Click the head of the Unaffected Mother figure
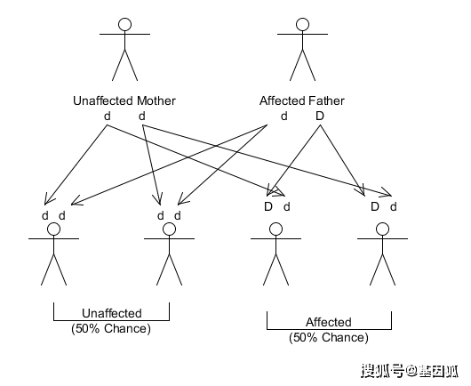pyautogui.click(x=124, y=25)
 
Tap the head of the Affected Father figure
pyautogui.click(x=302, y=25)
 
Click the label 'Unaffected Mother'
pyautogui.click(x=124, y=101)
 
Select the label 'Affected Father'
pyautogui.click(x=302, y=101)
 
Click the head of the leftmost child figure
pyautogui.click(x=53, y=229)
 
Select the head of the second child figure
pyautogui.click(x=169, y=229)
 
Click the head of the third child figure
pyautogui.click(x=275, y=229)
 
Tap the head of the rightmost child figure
pyautogui.click(x=382, y=229)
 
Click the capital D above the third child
pyautogui.click(x=267, y=206)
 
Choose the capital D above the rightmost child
pyautogui.click(x=375, y=206)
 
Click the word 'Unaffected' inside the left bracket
pyautogui.click(x=111, y=314)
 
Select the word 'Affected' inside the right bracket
pyautogui.click(x=328, y=322)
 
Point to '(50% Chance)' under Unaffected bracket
pyautogui.click(x=111, y=328)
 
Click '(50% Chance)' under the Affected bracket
pyautogui.click(x=328, y=337)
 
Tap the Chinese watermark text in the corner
pyautogui.click(x=410, y=369)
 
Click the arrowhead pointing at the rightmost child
pyautogui.click(x=387, y=192)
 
